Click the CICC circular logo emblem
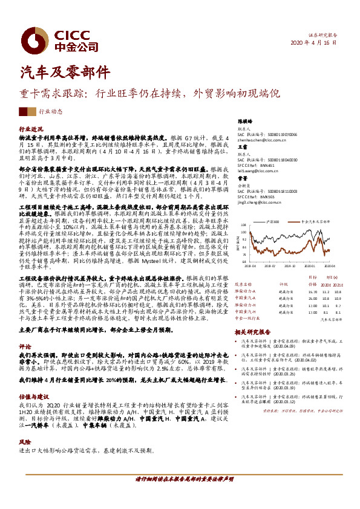(30, 37)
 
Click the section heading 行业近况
(31, 129)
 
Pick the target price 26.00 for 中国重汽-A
(312, 298)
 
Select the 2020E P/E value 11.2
(326, 291)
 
